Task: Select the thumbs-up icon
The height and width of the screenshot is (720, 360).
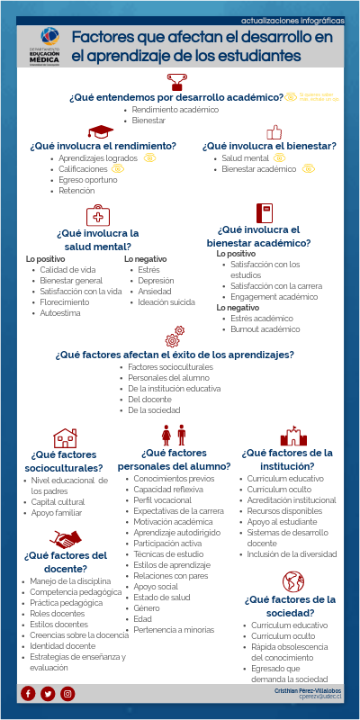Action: [274, 132]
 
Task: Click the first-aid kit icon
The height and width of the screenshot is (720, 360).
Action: [97, 215]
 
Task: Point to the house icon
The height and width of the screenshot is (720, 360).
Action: [66, 438]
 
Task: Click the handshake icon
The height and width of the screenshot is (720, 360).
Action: [65, 540]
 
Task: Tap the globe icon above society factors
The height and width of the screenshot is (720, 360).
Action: [292, 581]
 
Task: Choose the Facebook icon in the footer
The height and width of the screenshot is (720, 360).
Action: [28, 692]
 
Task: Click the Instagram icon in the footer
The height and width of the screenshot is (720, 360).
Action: [67, 692]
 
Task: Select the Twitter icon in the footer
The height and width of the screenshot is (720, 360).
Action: [48, 692]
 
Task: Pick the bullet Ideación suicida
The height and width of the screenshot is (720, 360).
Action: [166, 301]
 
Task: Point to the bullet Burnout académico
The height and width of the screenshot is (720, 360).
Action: [265, 329]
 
